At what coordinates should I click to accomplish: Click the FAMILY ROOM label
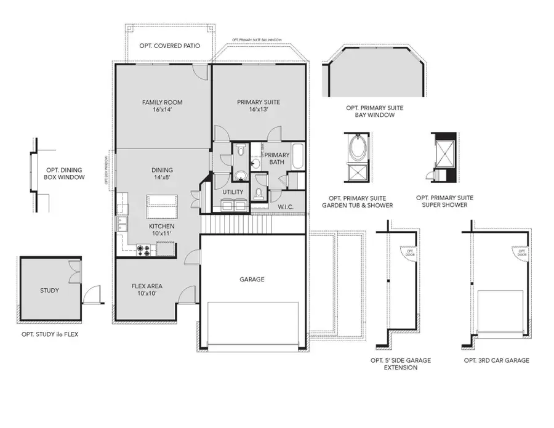(x=162, y=102)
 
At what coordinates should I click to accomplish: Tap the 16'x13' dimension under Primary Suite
(x=259, y=110)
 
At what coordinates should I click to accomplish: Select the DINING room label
(x=162, y=171)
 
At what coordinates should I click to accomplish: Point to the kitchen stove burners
(x=145, y=249)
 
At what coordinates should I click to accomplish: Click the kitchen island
(x=162, y=206)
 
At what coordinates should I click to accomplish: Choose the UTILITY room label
(x=233, y=192)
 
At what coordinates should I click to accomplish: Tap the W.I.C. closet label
(x=284, y=206)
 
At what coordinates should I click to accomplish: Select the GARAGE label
(x=252, y=279)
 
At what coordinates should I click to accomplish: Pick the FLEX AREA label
(x=147, y=286)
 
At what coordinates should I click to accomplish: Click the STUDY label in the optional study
(x=49, y=291)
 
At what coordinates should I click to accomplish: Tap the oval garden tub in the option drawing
(x=357, y=148)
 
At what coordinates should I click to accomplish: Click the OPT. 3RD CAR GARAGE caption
(x=497, y=360)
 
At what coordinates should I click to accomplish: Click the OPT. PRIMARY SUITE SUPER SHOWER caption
(x=445, y=201)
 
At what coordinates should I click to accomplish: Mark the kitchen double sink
(x=122, y=225)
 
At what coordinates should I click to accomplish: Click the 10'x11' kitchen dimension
(x=162, y=234)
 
